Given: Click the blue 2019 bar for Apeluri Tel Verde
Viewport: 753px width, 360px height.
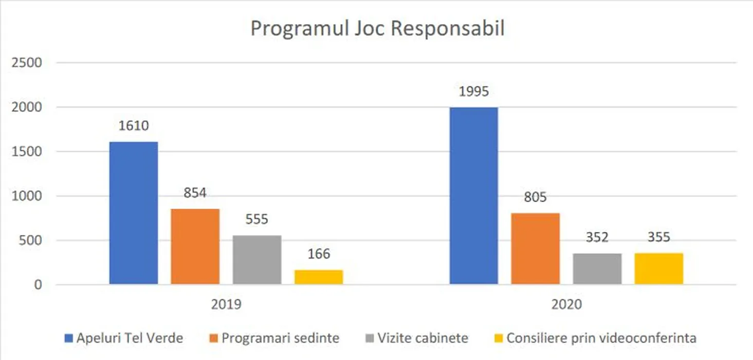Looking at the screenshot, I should [x=134, y=213].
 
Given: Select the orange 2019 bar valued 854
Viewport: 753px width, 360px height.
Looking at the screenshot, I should [x=195, y=246].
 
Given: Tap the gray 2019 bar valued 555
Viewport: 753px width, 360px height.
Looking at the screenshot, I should [x=257, y=260].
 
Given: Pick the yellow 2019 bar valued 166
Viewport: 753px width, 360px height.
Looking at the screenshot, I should [x=319, y=277].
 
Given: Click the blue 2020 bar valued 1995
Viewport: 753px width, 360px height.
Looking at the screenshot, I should [x=474, y=195].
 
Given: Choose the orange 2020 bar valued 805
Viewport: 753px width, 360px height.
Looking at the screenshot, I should [x=536, y=248].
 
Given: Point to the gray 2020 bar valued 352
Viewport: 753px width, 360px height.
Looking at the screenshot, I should [x=597, y=268].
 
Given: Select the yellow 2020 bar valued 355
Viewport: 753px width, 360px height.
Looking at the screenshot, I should [x=659, y=268].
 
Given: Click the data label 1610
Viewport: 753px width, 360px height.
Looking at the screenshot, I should [x=134, y=125].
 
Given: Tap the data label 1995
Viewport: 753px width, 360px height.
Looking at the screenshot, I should [x=474, y=92].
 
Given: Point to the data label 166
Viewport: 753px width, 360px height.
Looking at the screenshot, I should [x=319, y=254].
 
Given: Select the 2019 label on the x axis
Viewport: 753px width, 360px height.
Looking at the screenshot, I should [x=226, y=304].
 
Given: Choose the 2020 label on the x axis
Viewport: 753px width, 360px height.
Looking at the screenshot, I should [x=566, y=304].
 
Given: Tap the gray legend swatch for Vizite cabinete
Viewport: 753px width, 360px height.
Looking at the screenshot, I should [x=369, y=338].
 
